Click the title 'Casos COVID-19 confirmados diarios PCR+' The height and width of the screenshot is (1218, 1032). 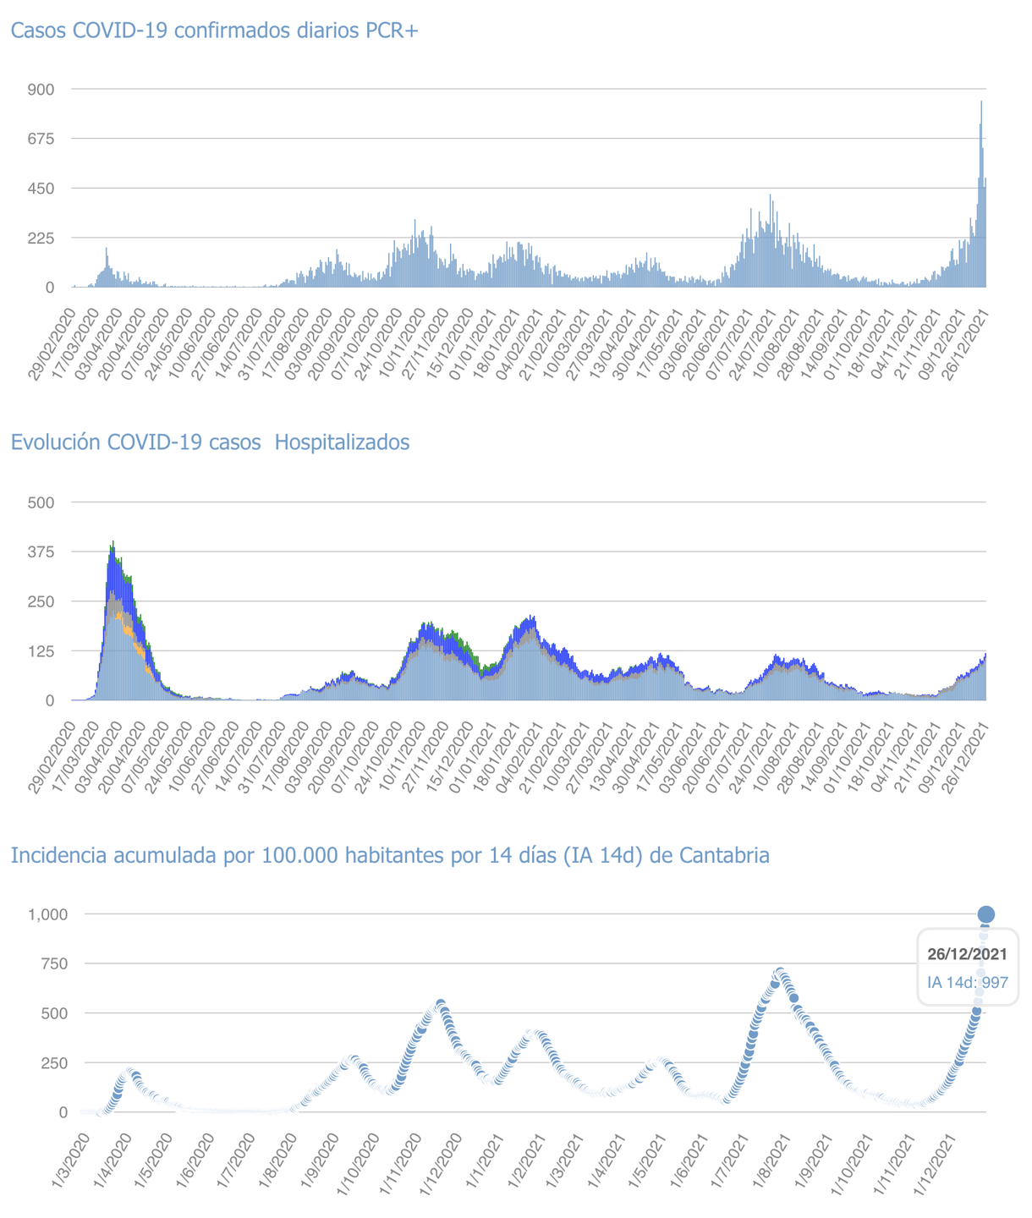215,31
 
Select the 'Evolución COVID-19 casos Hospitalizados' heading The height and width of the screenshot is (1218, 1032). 210,442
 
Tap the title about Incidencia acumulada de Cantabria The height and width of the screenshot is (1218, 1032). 390,856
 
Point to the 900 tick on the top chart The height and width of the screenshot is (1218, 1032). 42,90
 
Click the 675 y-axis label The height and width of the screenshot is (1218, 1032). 42,139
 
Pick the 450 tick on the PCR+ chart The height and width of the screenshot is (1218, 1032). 42,189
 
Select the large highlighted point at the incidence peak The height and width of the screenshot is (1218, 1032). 985,914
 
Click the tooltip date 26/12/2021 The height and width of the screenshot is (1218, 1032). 967,954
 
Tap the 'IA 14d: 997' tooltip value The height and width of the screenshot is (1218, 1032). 967,983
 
